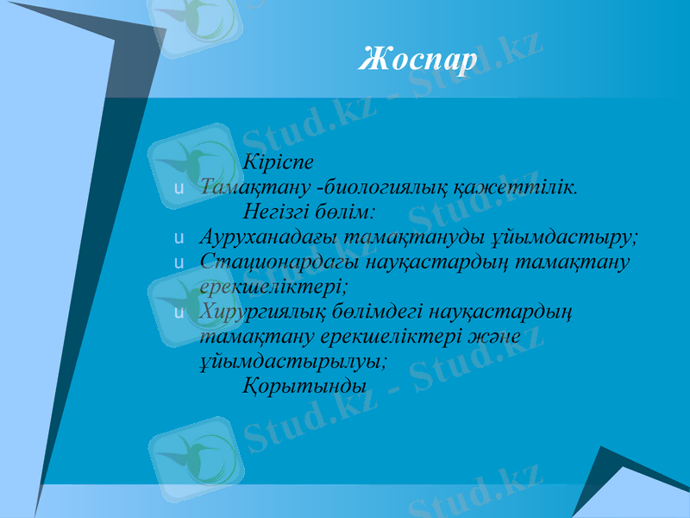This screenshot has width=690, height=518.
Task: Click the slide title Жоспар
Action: (417, 60)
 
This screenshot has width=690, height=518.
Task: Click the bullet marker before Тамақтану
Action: (178, 187)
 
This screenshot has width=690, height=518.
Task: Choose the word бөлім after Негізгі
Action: (348, 212)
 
